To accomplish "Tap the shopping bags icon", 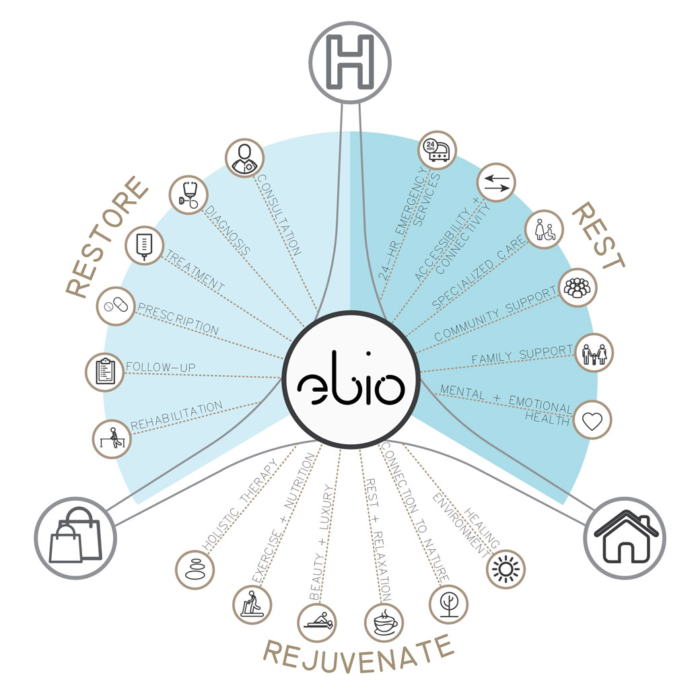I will point(76,536).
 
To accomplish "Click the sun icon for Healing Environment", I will point(505,569).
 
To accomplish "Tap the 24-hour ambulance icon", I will point(436,150).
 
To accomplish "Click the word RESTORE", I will point(108,236).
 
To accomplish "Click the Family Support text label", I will point(522,357).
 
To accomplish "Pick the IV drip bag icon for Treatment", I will point(145,245).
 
